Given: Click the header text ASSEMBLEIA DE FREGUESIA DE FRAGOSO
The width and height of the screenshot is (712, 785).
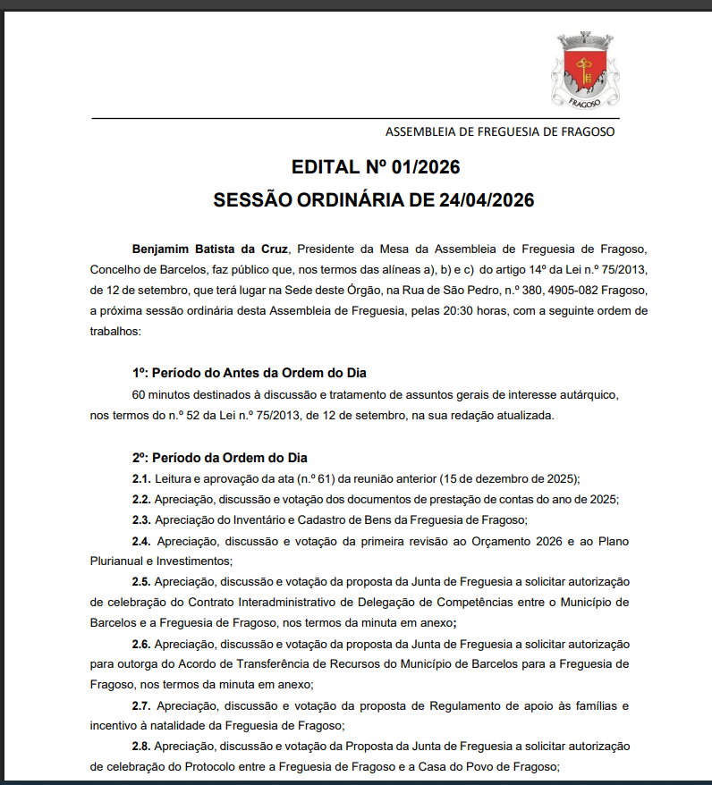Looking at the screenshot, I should [x=500, y=131].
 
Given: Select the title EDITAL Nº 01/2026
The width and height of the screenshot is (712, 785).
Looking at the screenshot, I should [x=376, y=167].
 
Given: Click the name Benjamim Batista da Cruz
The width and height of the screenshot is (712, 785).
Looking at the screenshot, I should [x=211, y=248].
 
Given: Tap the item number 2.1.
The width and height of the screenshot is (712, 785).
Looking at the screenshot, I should [x=140, y=478].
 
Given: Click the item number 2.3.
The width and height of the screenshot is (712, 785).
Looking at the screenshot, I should [x=140, y=520].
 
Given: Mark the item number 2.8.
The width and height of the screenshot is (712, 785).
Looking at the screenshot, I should [x=140, y=746].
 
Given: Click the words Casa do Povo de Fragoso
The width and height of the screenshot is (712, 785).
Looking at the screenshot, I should [x=487, y=766].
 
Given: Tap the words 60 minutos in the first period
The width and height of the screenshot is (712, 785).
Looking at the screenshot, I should [x=161, y=394].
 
